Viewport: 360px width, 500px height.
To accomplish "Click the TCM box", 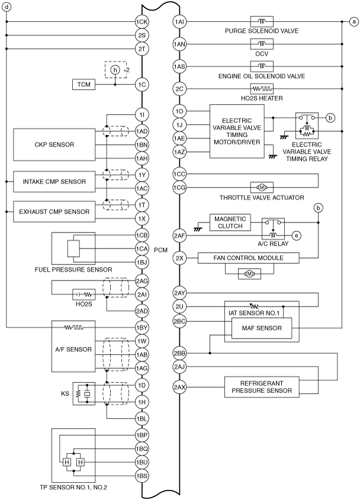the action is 83,85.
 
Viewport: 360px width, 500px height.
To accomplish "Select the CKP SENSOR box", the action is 54,144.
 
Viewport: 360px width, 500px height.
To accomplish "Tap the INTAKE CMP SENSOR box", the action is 54,182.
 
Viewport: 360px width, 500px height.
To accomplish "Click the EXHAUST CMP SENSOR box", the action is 54,211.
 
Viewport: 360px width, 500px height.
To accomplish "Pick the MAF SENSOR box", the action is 262,328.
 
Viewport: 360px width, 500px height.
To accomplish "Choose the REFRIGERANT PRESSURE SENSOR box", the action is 262,387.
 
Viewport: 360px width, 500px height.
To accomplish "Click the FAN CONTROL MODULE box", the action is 249,257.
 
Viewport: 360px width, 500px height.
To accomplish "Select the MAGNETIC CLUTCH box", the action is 230,222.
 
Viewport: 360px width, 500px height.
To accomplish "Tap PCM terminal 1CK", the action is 142,22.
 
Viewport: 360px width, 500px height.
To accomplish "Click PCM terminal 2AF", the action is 179,236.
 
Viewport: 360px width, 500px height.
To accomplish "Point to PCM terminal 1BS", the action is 142,476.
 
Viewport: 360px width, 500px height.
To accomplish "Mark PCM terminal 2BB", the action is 179,353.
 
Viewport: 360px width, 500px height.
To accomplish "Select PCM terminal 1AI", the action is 179,22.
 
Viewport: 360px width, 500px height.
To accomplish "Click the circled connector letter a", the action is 353,22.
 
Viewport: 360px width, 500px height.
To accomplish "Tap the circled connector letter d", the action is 7,7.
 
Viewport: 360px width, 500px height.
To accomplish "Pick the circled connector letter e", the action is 297,236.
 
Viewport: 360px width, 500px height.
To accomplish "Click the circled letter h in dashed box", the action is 115,69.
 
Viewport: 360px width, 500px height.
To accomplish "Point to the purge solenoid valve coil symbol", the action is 262,22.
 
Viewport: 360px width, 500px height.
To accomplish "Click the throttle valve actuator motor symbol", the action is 262,187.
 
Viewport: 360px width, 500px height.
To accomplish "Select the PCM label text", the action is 160,250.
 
